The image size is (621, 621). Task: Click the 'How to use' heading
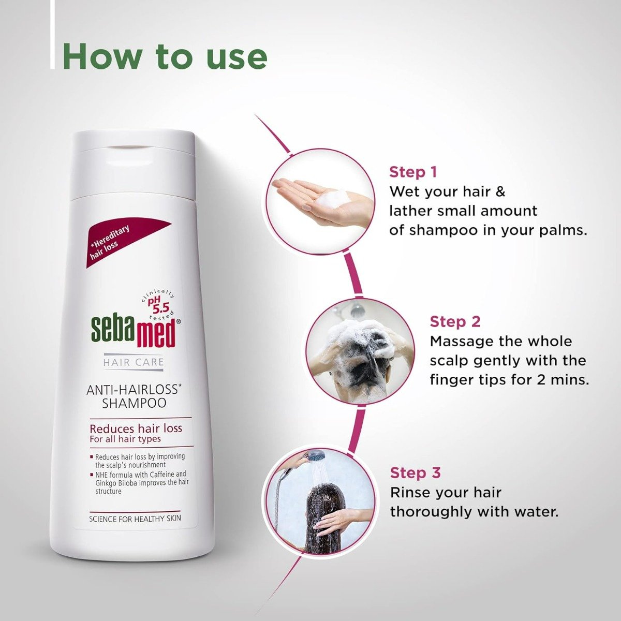[x=165, y=56]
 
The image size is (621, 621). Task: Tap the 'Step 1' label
[x=413, y=172]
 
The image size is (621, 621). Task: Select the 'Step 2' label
[x=455, y=321]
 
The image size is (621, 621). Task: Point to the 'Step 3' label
[x=415, y=472]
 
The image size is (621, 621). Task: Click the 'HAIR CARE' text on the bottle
[x=134, y=362]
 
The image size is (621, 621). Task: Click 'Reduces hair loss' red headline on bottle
[x=136, y=428]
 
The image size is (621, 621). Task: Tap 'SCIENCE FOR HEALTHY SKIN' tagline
[x=135, y=518]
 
